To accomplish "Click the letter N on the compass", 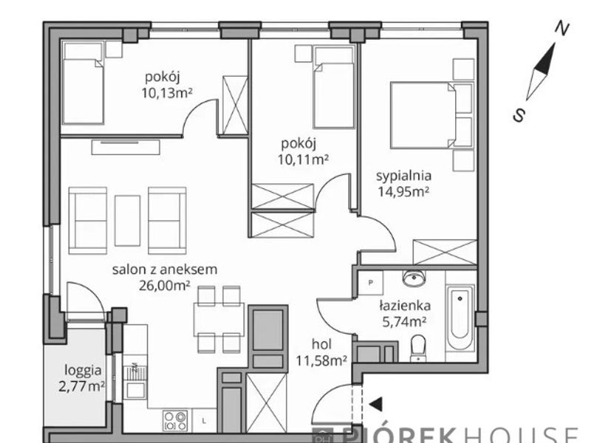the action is click(x=562, y=29).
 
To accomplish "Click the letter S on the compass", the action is click(x=519, y=115).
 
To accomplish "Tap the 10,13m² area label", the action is click(x=167, y=92).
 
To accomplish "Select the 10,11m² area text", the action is click(x=303, y=159).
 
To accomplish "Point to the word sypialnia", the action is click(x=403, y=176).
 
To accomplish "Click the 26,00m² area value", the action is click(x=164, y=286).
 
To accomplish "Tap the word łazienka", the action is click(x=405, y=305).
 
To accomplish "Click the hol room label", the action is click(x=321, y=344).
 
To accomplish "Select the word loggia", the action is click(x=83, y=371).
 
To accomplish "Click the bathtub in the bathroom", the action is click(x=460, y=317).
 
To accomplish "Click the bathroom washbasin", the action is click(x=414, y=278).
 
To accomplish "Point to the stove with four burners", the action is click(x=175, y=420).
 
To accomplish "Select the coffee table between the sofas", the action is click(x=127, y=220).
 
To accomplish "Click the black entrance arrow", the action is click(x=376, y=404).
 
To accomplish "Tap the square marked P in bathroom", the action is click(x=371, y=283).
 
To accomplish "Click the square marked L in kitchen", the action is click(x=204, y=421).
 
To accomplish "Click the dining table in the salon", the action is click(x=219, y=320).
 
